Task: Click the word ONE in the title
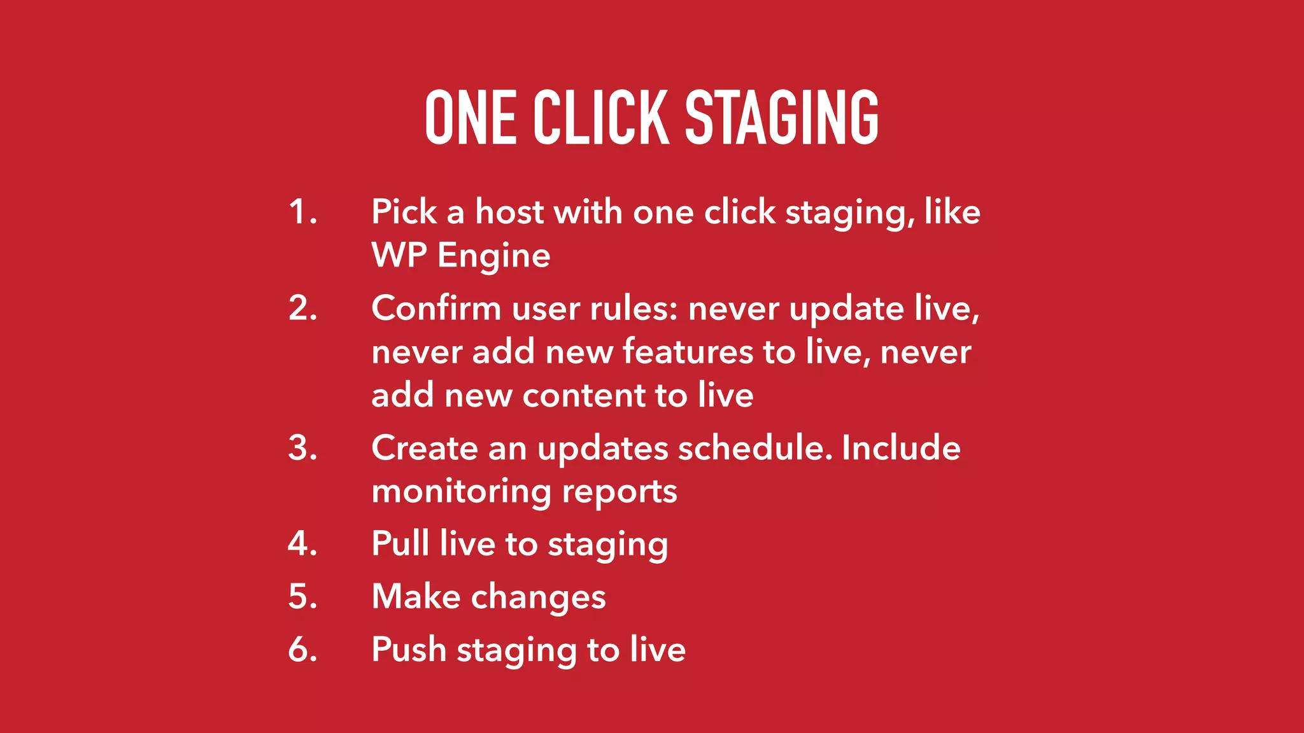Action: click(x=471, y=118)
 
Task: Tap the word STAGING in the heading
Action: click(x=782, y=118)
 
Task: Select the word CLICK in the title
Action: click(x=601, y=118)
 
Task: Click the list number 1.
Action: click(x=302, y=212)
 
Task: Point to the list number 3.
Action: click(x=302, y=448)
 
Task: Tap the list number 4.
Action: click(x=302, y=544)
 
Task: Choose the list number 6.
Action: click(x=302, y=650)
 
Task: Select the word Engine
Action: click(x=493, y=256)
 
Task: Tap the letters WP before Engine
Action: click(x=399, y=255)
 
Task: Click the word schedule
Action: click(x=755, y=448)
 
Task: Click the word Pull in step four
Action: click(x=400, y=543)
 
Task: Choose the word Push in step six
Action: click(x=409, y=650)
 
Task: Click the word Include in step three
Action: click(x=901, y=448)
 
